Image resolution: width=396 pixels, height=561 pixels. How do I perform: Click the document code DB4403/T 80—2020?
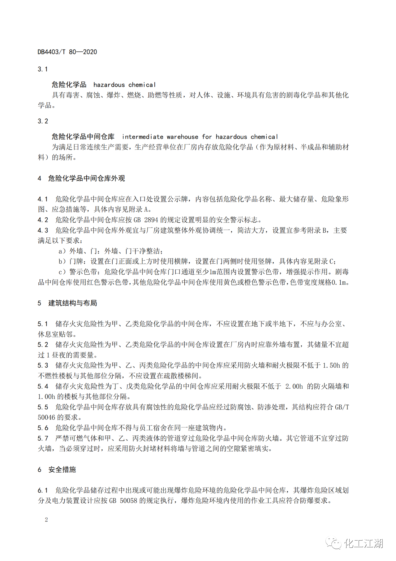pos(67,52)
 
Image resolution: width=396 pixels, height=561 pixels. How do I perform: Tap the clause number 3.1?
pos(43,69)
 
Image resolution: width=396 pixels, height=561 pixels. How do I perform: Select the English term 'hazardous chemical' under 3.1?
pos(124,85)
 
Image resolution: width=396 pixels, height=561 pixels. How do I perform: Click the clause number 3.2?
pos(43,121)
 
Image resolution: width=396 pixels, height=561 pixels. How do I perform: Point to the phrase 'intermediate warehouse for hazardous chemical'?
pos(200,137)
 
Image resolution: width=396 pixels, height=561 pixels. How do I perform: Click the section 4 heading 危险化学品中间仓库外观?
pos(86,179)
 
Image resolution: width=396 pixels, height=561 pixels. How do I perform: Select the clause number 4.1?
pos(43,199)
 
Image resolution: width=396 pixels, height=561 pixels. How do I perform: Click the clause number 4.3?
pos(43,231)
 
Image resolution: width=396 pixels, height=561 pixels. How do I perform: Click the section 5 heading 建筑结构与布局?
pos(73,303)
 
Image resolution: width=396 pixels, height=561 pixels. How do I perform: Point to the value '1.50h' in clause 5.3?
pos(331,366)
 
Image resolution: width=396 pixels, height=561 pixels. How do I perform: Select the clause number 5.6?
pos(43,428)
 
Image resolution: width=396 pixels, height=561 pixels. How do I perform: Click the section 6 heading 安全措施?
pos(62,470)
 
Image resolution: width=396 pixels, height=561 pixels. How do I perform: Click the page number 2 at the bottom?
pos(46,520)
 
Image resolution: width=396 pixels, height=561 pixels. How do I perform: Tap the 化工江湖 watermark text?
pos(364,543)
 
